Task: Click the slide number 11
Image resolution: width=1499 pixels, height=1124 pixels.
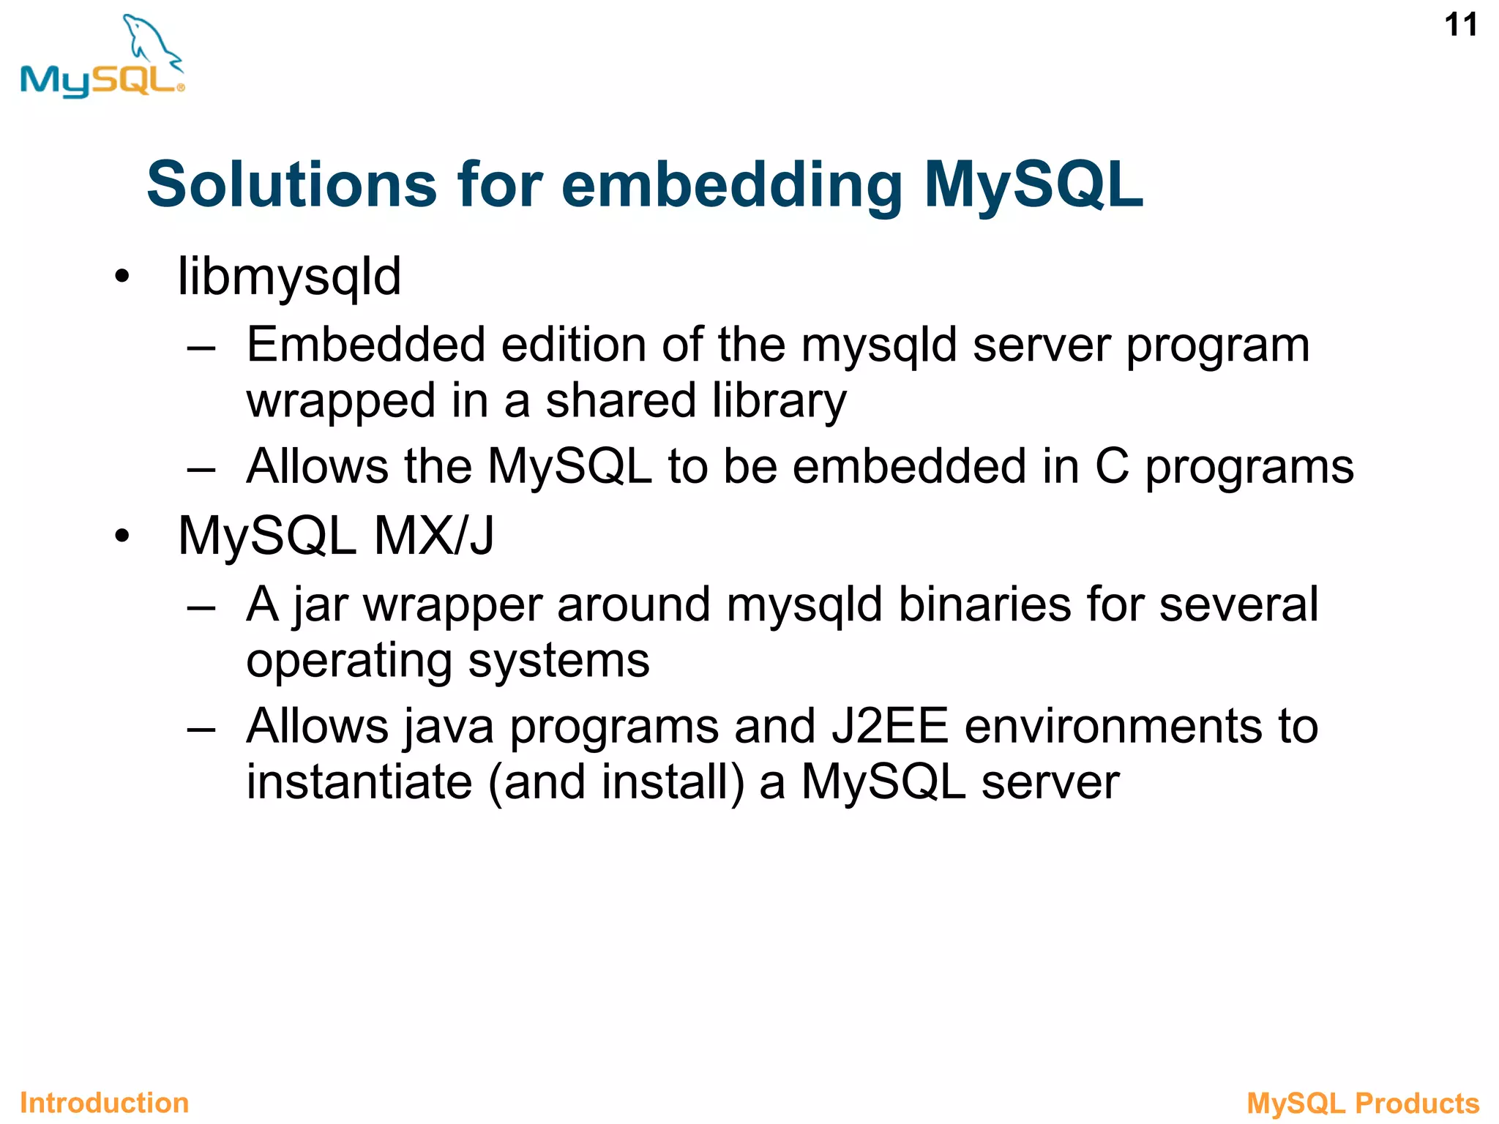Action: (x=1460, y=26)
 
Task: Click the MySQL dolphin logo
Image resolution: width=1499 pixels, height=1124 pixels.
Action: (x=102, y=59)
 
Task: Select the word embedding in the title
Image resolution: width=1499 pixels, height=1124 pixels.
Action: (x=731, y=186)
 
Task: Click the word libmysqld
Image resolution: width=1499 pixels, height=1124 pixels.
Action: (x=289, y=277)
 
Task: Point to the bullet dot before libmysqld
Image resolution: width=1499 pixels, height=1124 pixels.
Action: (x=122, y=277)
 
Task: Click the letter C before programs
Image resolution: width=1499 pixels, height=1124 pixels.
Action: (x=1112, y=466)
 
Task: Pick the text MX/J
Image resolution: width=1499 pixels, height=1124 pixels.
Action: (x=434, y=536)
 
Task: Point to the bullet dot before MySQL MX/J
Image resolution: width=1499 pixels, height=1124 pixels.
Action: (x=122, y=536)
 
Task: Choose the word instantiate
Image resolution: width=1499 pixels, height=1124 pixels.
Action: (x=359, y=782)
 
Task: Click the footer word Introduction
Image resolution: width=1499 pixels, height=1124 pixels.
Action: (x=105, y=1103)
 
